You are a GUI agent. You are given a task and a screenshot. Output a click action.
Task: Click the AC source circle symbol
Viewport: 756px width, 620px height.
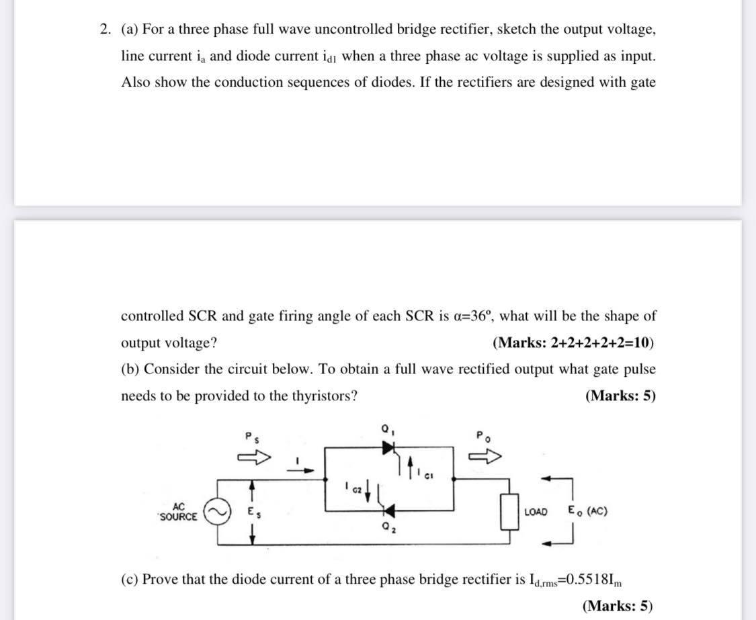point(220,512)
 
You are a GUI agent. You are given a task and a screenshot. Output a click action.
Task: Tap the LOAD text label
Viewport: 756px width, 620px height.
point(535,512)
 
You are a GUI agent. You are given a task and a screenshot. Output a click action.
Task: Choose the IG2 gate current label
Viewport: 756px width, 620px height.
point(351,485)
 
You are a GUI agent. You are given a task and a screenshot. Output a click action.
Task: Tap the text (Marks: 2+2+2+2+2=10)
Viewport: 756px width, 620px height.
point(573,343)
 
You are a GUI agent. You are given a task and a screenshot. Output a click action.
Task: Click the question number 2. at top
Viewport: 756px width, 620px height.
point(106,30)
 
